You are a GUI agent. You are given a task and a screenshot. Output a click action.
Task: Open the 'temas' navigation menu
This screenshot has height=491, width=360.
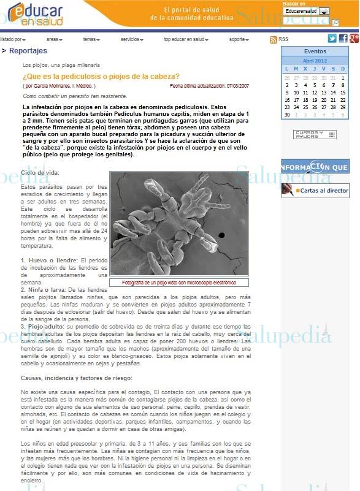click(x=91, y=39)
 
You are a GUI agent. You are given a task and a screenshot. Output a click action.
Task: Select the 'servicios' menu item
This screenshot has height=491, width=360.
click(x=131, y=39)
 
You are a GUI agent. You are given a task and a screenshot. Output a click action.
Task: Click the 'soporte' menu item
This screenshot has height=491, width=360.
click(x=238, y=39)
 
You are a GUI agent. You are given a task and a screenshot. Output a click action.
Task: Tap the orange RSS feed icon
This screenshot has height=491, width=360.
click(x=273, y=39)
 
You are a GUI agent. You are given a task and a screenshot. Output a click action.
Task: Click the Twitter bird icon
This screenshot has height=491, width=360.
click(x=332, y=39)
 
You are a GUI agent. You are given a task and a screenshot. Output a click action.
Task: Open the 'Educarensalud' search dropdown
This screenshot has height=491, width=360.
click(x=324, y=11)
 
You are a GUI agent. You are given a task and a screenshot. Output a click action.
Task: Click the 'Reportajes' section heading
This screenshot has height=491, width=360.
click(x=28, y=51)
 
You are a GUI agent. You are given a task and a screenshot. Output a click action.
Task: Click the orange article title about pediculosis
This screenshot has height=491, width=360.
click(x=101, y=77)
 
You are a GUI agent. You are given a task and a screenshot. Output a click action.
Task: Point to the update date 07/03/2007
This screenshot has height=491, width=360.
click(x=244, y=86)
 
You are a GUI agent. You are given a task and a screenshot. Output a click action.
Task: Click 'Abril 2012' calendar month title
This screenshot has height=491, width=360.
click(x=315, y=61)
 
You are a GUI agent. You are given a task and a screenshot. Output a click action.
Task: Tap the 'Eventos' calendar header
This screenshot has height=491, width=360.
click(x=315, y=51)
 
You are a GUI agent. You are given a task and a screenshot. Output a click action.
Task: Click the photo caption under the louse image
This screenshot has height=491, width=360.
click(x=179, y=283)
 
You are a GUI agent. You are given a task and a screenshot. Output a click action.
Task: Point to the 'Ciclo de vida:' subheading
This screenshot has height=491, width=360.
click(x=40, y=173)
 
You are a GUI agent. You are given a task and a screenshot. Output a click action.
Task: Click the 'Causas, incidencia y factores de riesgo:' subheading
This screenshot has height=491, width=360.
click(x=77, y=378)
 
